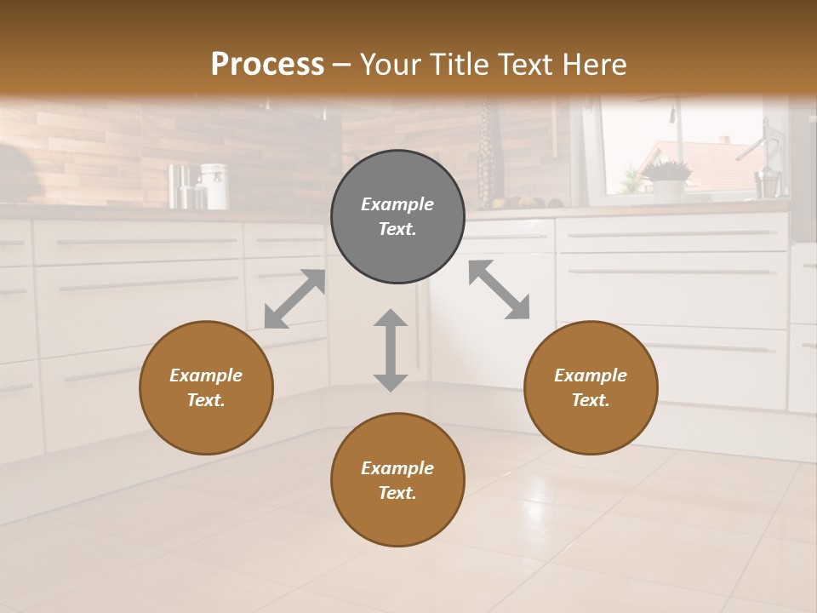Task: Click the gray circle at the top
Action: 397,217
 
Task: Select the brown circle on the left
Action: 206,387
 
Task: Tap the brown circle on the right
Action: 591,387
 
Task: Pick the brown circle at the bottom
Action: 397,480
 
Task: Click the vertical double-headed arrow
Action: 391,350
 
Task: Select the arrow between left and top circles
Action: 294,299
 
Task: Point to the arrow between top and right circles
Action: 500,289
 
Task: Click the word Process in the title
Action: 267,64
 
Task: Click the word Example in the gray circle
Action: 397,204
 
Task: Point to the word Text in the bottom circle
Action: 397,493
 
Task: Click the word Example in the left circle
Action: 206,375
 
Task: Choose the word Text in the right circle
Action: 591,400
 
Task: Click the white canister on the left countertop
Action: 214,186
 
